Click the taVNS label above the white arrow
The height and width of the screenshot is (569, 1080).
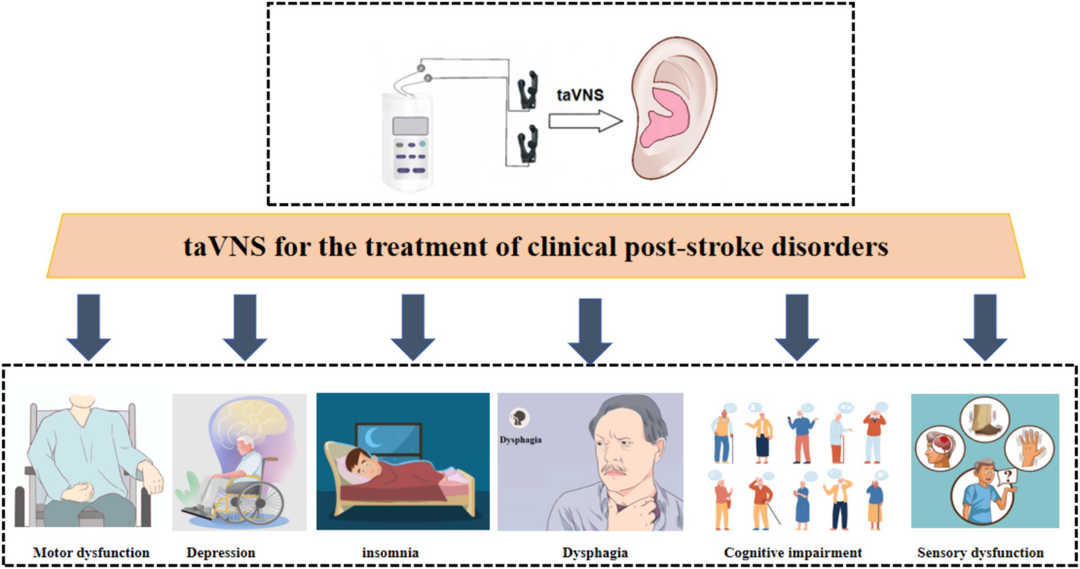[x=580, y=94]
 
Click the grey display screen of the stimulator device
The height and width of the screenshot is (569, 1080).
[x=410, y=125]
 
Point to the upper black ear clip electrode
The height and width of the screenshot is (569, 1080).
[x=528, y=90]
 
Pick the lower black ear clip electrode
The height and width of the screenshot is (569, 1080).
[x=528, y=145]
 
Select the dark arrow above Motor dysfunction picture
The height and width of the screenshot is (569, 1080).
[x=88, y=326]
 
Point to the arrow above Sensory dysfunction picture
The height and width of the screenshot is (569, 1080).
[x=985, y=326]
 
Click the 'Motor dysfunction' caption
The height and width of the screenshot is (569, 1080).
[x=91, y=553]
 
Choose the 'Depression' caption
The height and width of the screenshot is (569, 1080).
[x=221, y=553]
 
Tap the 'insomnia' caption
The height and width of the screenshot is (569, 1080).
[x=391, y=553]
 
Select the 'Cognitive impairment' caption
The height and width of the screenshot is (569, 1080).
[x=792, y=553]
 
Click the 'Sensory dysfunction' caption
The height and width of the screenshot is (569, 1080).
[x=980, y=553]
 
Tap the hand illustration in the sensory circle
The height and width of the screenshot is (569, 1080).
[x=1028, y=447]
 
